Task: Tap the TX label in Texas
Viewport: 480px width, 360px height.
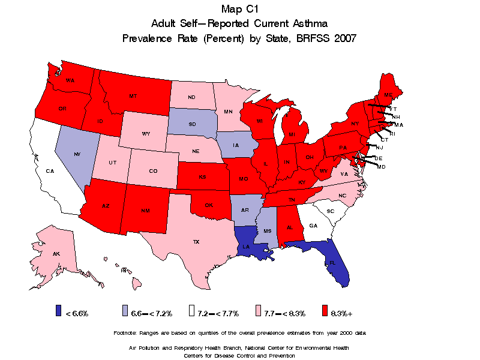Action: pos(196,242)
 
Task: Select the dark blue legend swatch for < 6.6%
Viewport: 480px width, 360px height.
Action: pos(58,311)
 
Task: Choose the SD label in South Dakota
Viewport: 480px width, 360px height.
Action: pos(192,125)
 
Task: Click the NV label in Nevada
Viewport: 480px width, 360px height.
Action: pos(77,154)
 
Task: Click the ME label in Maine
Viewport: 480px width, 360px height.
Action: pos(388,95)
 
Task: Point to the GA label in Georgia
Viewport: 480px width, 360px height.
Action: pos(313,226)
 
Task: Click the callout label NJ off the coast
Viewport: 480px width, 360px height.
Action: pos(379,148)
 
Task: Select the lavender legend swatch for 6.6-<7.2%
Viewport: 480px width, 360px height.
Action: pos(124,311)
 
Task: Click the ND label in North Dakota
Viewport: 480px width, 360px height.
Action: pos(191,97)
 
